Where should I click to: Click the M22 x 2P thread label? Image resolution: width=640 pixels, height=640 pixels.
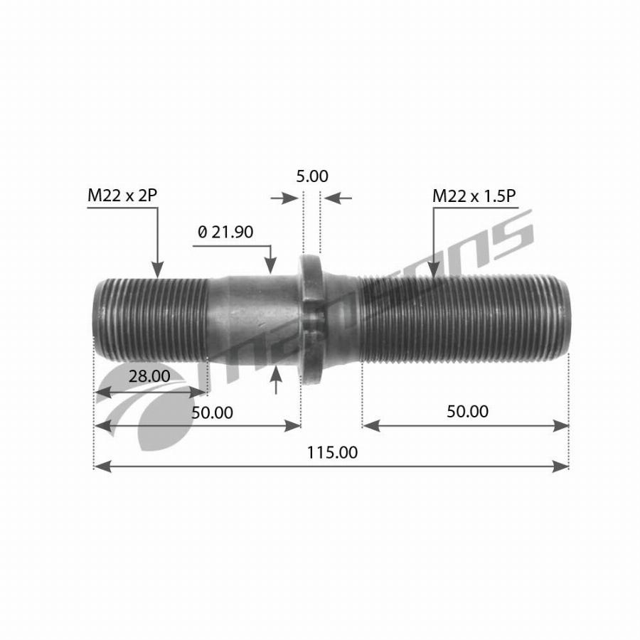coord(122,196)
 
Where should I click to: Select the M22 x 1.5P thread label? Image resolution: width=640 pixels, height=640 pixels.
coord(474,196)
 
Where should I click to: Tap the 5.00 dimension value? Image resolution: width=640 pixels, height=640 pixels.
coord(312,176)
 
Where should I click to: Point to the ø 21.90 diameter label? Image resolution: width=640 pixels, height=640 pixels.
coord(225,232)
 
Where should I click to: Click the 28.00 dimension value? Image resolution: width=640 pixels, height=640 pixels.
coord(149,376)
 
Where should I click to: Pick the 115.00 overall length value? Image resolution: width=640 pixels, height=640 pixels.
coord(332,452)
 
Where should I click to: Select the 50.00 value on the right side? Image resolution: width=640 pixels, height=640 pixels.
coord(467,412)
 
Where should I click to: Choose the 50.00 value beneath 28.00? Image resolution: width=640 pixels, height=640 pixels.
coord(212,412)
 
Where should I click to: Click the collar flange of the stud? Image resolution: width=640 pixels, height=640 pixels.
coord(311,319)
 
